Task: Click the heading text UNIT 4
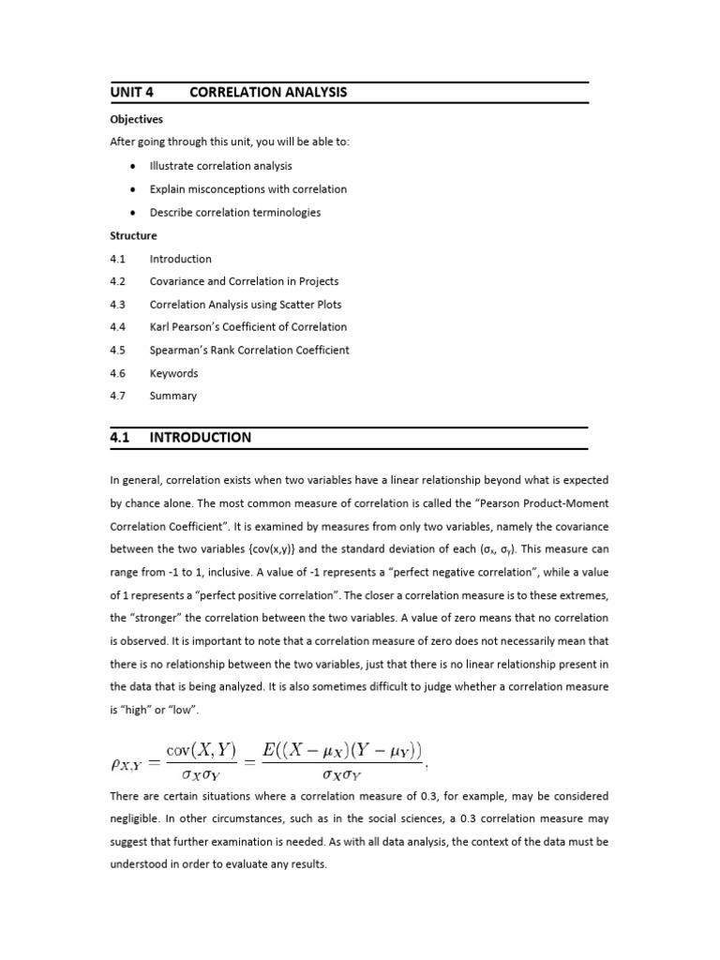tap(131, 92)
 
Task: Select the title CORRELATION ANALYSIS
tap(268, 92)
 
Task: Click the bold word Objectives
tap(136, 120)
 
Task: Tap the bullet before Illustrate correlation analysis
tap(133, 166)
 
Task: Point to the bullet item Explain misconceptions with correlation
tap(247, 189)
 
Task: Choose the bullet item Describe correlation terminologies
tap(234, 213)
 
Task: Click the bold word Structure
tap(133, 236)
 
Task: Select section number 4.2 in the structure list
tap(117, 281)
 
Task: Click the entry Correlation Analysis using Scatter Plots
tap(246, 305)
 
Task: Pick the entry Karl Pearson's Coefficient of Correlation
tap(247, 327)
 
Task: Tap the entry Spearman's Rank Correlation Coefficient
tap(249, 351)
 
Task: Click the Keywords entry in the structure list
tap(173, 373)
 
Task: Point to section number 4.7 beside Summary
tap(117, 396)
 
